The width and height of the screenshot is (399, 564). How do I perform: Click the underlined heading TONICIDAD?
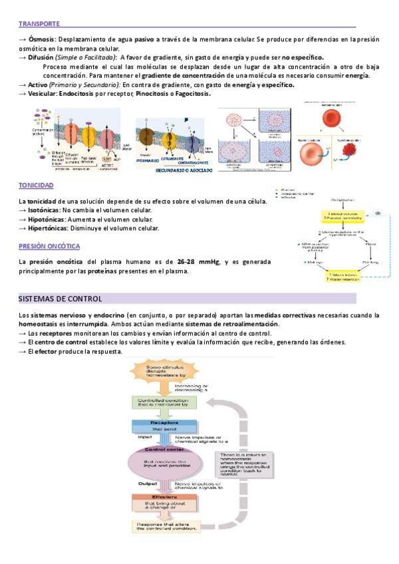[36, 186]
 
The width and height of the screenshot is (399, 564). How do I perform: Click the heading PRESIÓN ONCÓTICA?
[49, 246]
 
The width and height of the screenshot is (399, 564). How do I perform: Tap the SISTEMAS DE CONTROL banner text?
[60, 299]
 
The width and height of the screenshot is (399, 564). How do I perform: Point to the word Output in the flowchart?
[148, 484]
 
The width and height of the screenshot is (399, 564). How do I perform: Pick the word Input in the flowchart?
[145, 438]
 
